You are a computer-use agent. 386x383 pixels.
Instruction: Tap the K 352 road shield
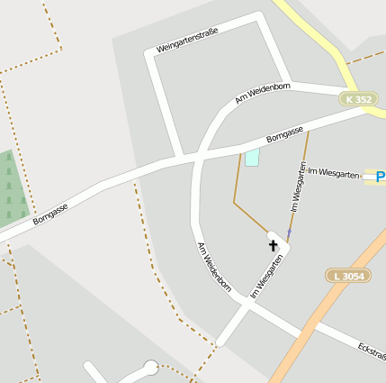pos(358,99)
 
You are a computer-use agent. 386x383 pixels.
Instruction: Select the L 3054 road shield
pos(347,276)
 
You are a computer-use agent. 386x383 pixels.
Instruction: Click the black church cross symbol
pos(274,244)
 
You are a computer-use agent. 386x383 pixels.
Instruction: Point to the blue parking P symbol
pos(380,176)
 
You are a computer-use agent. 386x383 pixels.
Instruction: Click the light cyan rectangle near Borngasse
pos(252,158)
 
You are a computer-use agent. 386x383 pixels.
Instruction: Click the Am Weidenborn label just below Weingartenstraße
pos(262,93)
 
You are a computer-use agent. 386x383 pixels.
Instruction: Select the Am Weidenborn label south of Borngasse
pos(214,268)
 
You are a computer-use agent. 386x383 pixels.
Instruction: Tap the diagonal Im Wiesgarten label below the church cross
pos(267,276)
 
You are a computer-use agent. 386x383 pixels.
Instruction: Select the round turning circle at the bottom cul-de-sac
pos(151,367)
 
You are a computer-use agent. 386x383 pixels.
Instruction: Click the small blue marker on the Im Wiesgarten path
pos(289,233)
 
